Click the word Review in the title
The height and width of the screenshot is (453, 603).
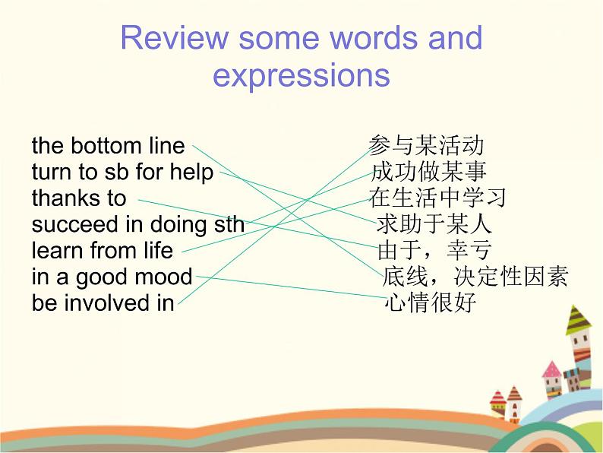[x=174, y=37]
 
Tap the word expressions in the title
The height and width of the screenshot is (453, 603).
[x=301, y=76]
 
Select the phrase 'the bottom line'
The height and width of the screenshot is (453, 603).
[x=108, y=145]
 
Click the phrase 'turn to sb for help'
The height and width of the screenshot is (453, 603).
[x=122, y=172]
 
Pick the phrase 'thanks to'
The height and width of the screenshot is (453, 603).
[x=79, y=198]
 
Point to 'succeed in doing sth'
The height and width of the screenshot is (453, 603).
[x=138, y=225]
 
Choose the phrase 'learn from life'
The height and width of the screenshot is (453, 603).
[x=103, y=250]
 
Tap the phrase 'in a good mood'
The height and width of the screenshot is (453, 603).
[x=112, y=277]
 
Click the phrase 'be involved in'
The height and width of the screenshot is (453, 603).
[x=103, y=303]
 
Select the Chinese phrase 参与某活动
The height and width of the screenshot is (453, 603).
[x=426, y=145]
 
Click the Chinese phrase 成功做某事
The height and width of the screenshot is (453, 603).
[x=429, y=171]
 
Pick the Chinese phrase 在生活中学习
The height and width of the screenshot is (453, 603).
[x=437, y=198]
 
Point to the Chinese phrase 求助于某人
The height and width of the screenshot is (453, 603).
[x=434, y=224]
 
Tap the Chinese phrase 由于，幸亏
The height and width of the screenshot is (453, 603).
[x=434, y=250]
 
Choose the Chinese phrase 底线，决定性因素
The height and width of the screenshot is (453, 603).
[x=475, y=277]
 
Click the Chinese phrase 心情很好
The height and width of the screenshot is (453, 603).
[x=431, y=303]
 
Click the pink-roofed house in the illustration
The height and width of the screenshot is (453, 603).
[x=552, y=380]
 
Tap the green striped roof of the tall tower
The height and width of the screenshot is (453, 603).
[x=579, y=320]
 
